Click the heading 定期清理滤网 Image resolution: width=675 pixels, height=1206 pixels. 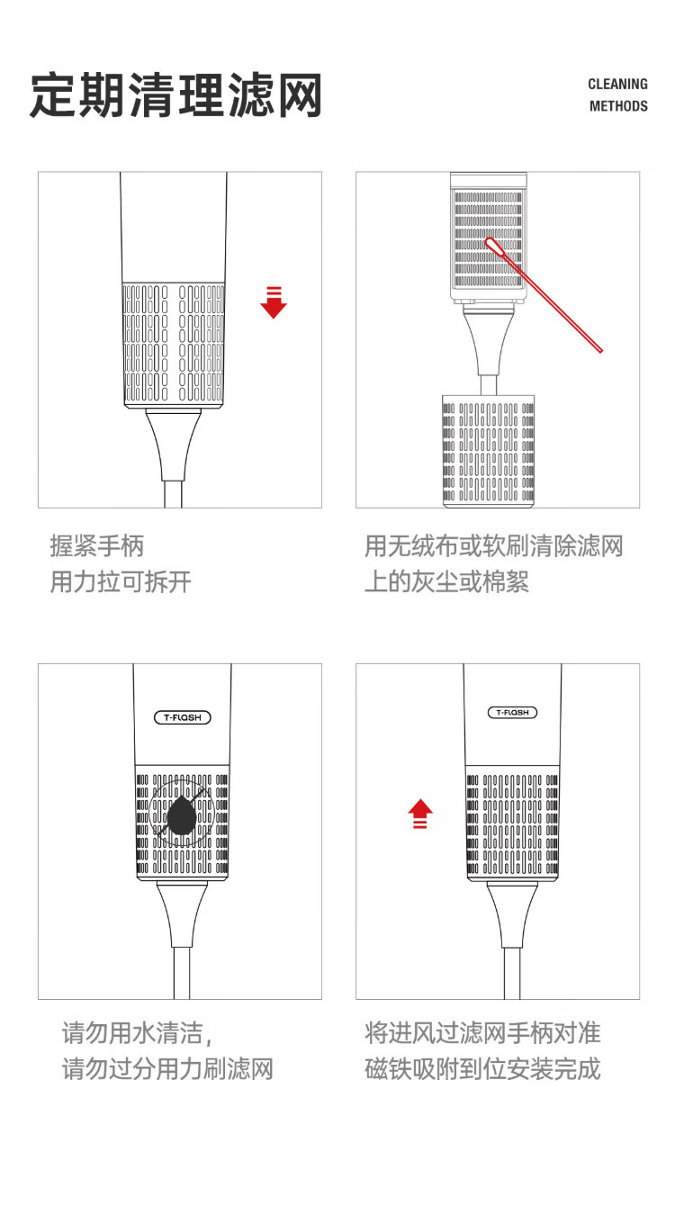coord(176,95)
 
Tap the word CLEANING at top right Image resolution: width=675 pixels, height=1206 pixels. coord(617,84)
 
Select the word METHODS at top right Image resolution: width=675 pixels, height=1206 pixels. coord(618,106)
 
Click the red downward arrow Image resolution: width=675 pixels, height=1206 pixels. coord(274,302)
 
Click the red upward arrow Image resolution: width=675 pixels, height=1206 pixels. coord(420,814)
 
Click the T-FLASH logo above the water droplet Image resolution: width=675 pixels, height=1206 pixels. coord(183,717)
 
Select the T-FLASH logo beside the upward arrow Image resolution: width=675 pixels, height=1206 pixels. coord(512,713)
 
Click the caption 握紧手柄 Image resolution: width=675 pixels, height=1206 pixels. coord(97,545)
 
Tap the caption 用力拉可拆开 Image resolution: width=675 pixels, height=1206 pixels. coord(121,581)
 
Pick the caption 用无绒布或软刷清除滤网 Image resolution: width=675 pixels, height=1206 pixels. coord(493,545)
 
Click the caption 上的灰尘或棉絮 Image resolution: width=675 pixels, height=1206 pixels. coord(446,581)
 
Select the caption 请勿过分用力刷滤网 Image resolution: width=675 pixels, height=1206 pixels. coord(167,1069)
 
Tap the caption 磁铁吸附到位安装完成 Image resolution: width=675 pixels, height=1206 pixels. coord(482,1069)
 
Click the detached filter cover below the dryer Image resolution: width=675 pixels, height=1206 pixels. coord(489,451)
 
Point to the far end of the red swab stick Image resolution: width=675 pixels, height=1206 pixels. coord(599,349)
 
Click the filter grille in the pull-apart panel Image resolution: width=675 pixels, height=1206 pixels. coord(173,343)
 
